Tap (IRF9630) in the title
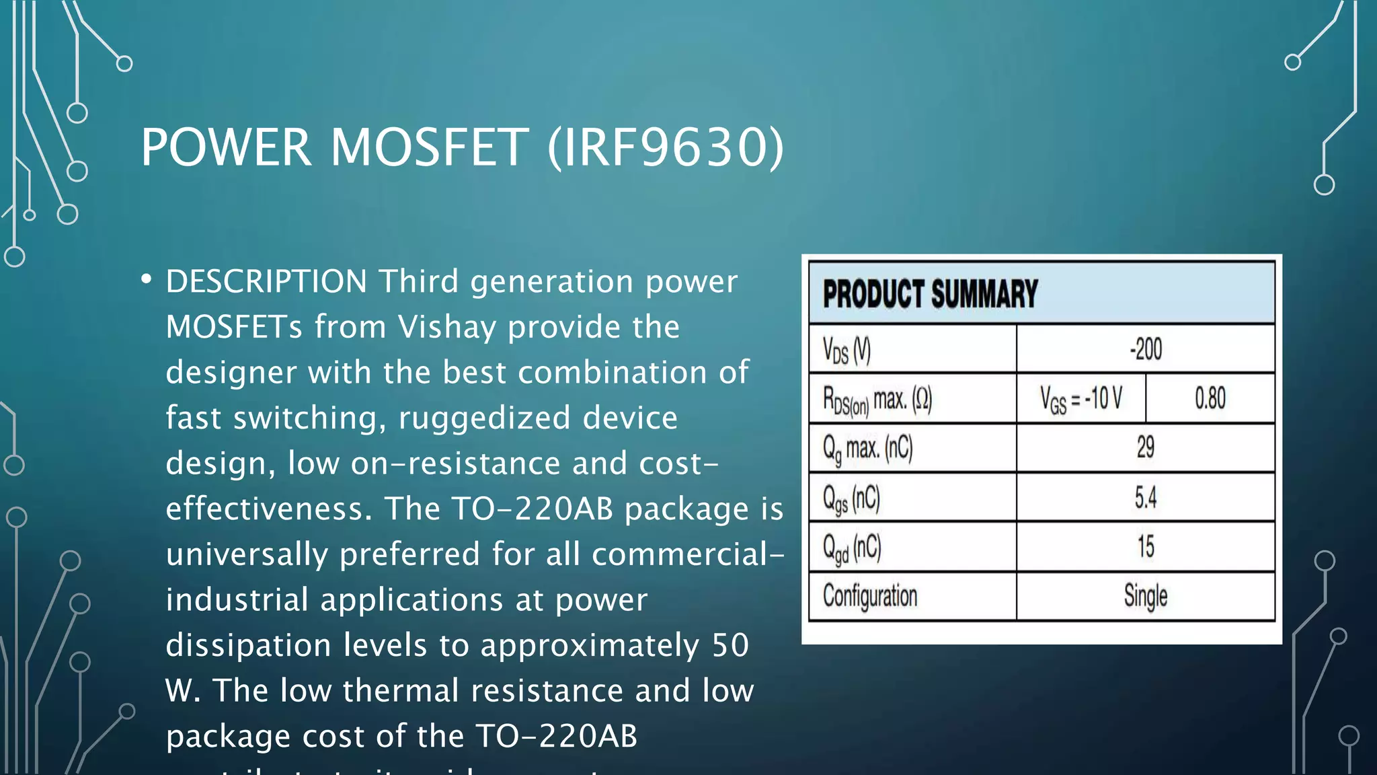pyautogui.click(x=666, y=147)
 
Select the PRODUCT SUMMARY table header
pyautogui.click(x=930, y=294)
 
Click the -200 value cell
pyautogui.click(x=1145, y=349)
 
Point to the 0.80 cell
pyautogui.click(x=1210, y=398)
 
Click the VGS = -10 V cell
pyautogui.click(x=1080, y=398)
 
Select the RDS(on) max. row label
pyautogui.click(x=877, y=400)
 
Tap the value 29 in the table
pyautogui.click(x=1145, y=447)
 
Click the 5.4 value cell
pyautogui.click(x=1145, y=497)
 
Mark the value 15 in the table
pyautogui.click(x=1145, y=546)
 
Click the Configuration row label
pyautogui.click(x=870, y=596)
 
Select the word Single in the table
pyautogui.click(x=1145, y=596)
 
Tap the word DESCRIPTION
pyautogui.click(x=266, y=281)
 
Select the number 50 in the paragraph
pyautogui.click(x=730, y=645)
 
